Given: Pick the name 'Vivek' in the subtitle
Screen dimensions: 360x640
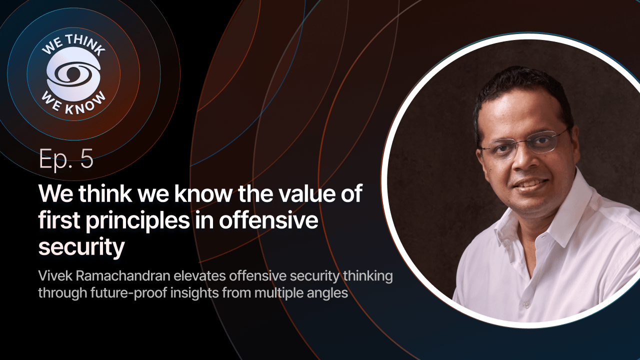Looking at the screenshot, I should (54, 276).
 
